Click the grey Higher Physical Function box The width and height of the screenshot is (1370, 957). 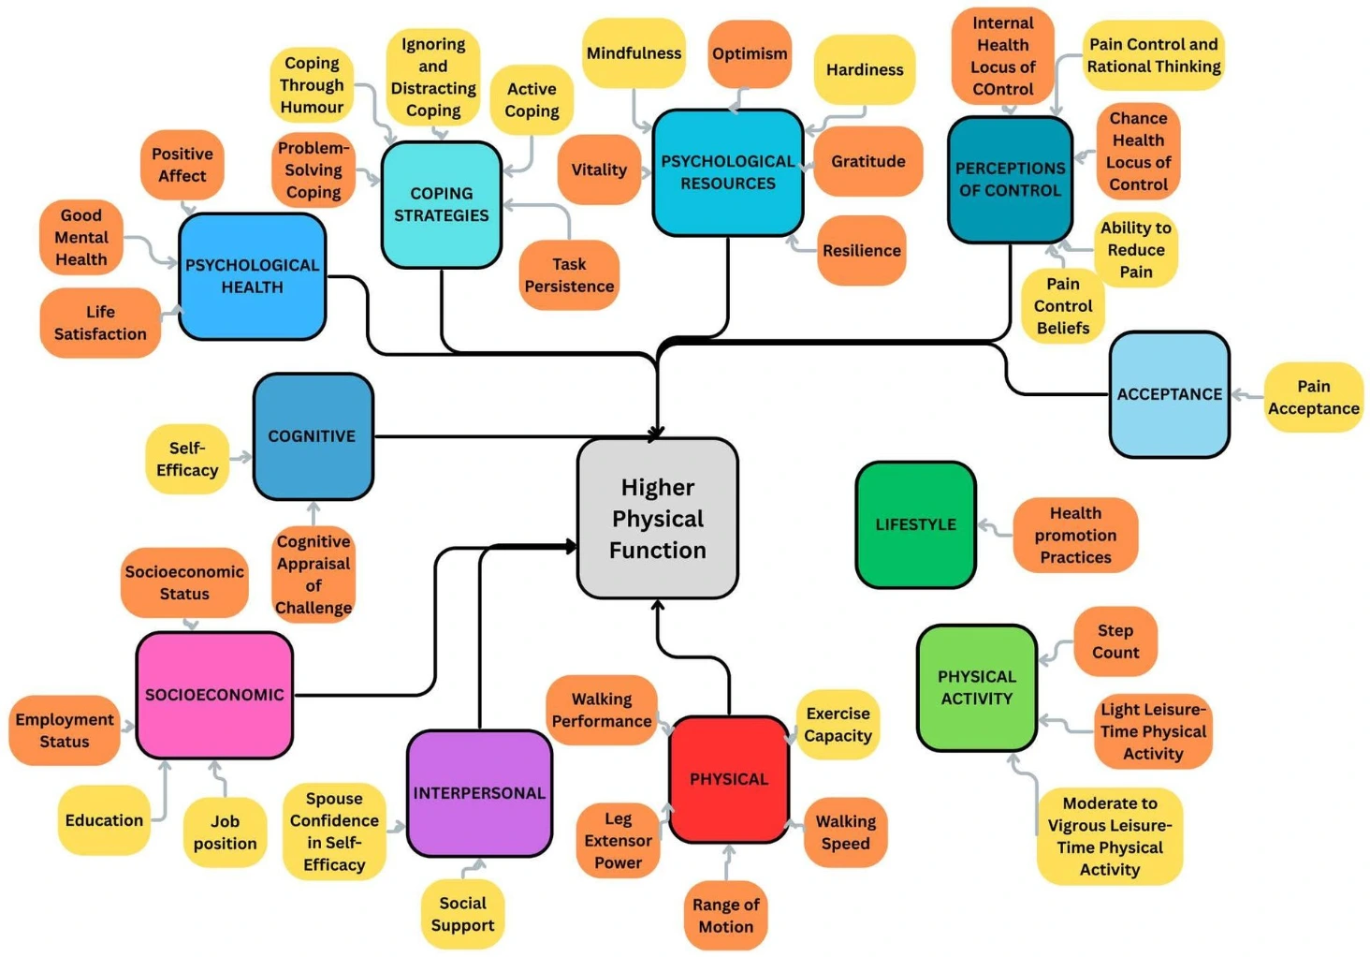coord(658,518)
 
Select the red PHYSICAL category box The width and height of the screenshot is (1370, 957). coord(729,779)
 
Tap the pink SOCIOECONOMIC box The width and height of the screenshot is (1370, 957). coord(214,695)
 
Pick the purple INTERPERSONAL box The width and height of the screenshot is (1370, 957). coord(479,793)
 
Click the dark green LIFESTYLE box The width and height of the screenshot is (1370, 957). coord(915,524)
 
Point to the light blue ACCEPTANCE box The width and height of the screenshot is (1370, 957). coord(1169,394)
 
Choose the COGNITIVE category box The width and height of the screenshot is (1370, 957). coord(312,436)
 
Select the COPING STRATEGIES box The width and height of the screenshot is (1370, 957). coord(441,204)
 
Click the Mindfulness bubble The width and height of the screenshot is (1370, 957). coord(634,53)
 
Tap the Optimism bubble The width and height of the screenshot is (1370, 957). coord(750,53)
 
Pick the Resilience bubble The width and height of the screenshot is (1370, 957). coord(861,250)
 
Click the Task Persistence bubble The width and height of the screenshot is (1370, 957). coord(569,275)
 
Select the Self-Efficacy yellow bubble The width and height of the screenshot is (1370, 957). coord(187,459)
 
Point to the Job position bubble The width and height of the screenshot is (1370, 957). coord(225,832)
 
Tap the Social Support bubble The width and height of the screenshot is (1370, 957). coord(462,914)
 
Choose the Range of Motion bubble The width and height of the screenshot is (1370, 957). coord(725,915)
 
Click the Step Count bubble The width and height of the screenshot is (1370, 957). coord(1115,641)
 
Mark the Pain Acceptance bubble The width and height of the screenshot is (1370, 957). coord(1313,397)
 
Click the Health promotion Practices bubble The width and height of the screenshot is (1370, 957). coord(1075,535)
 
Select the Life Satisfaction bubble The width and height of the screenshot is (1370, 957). coord(100,323)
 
